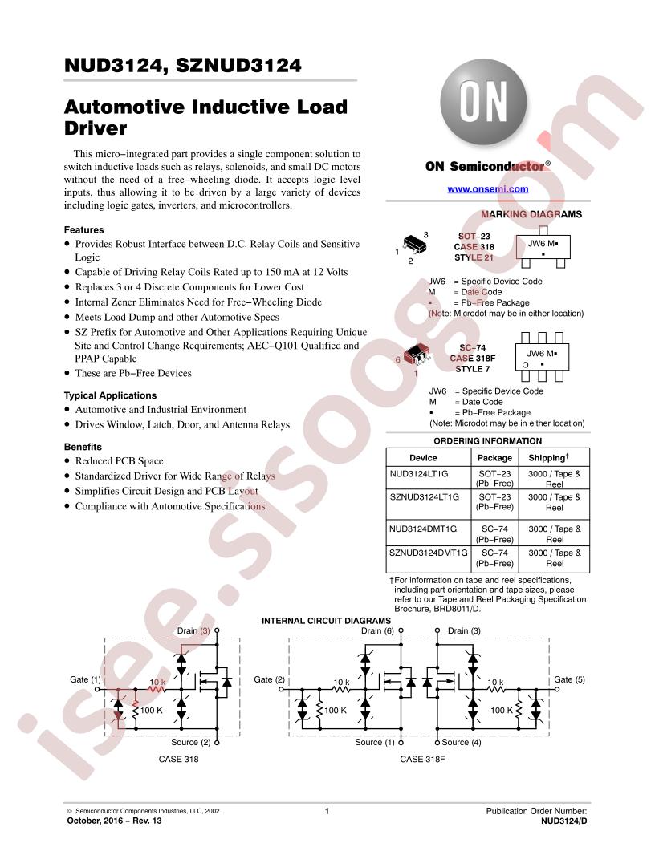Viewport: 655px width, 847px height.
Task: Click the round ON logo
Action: point(483,103)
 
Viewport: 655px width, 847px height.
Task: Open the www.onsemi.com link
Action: point(487,189)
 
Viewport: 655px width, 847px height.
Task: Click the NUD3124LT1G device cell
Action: point(419,474)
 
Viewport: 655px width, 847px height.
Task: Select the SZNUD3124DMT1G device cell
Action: point(428,553)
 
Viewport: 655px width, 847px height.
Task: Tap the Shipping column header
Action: point(548,457)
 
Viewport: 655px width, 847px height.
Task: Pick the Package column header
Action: point(494,458)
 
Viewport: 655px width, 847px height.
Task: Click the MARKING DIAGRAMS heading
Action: point(531,214)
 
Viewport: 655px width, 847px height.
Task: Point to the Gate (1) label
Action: point(85,679)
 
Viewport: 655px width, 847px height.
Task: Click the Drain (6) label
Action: point(377,631)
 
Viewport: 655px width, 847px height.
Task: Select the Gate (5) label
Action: point(569,679)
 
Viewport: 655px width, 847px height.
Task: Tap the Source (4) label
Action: point(461,742)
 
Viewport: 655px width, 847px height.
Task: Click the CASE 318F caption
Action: point(422,759)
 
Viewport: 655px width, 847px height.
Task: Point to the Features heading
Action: point(83,229)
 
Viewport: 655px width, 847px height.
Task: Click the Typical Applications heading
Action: point(110,395)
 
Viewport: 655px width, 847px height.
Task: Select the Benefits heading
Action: point(83,447)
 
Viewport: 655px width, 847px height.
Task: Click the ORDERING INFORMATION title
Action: point(487,441)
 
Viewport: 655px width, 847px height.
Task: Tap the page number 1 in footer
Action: point(327,811)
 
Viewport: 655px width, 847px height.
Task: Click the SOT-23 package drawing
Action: point(415,244)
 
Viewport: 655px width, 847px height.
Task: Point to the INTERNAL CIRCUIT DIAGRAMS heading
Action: point(326,621)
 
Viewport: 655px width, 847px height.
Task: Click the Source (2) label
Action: point(191,742)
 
